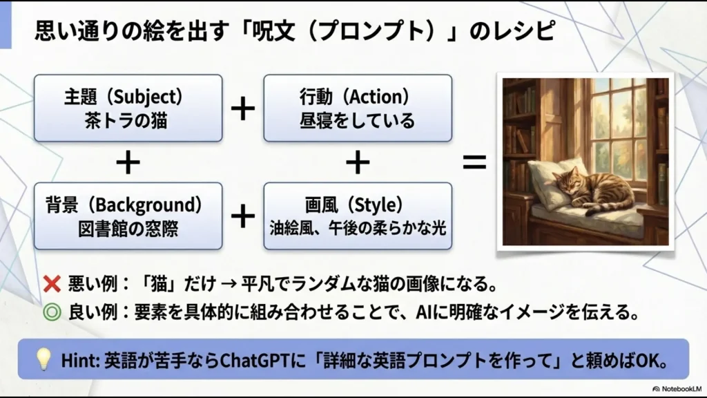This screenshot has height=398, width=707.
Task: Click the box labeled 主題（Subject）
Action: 128,108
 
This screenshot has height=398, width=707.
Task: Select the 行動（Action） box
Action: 358,108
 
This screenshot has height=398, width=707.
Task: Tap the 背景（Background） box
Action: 128,216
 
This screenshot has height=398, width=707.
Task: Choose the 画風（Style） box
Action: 358,216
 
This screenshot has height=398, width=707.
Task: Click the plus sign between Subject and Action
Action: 242,108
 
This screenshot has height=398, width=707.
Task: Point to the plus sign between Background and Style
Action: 242,216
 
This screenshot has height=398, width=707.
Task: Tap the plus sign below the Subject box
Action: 128,163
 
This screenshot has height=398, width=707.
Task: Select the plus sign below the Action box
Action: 358,163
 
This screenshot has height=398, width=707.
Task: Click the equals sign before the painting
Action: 474,163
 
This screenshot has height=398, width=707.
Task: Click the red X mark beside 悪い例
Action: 52,284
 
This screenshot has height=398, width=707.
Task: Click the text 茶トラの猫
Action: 128,121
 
